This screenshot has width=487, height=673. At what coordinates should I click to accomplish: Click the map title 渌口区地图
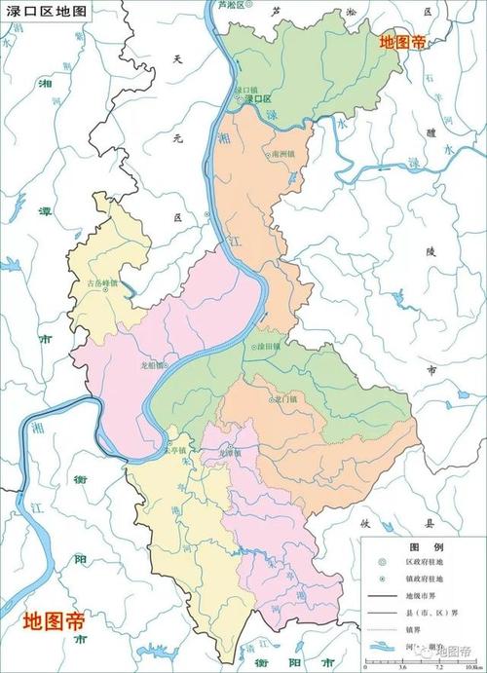pos(45,12)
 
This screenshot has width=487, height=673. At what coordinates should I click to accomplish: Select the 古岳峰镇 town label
pos(102,284)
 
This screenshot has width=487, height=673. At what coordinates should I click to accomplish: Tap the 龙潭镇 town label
pos(230,453)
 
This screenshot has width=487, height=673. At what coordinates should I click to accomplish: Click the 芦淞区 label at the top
pos(232,6)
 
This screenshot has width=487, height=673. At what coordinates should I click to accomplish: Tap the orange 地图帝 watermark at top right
pos(402,42)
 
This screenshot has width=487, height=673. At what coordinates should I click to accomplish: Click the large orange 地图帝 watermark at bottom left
pos(55,620)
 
